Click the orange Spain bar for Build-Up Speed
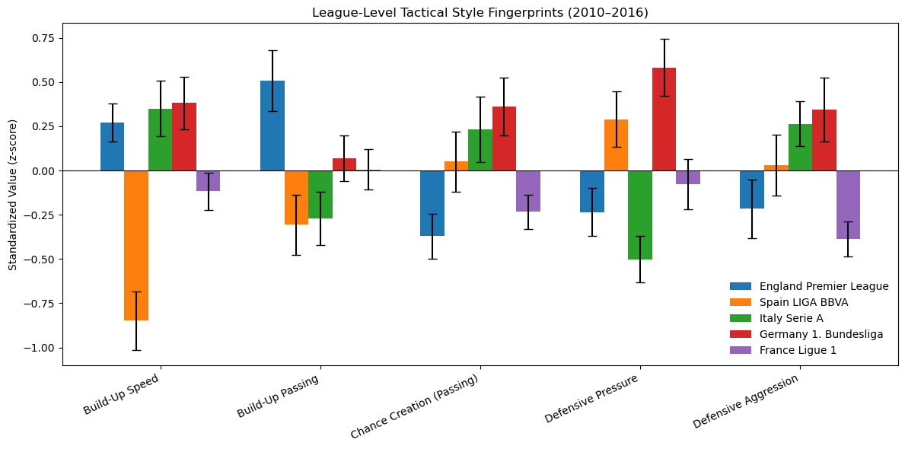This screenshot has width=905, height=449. (x=136, y=245)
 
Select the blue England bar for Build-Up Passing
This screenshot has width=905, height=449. (x=272, y=126)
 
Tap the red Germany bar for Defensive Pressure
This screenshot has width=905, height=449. (x=664, y=119)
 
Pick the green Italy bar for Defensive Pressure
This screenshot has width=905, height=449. (x=640, y=215)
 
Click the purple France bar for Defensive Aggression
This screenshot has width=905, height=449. (x=848, y=205)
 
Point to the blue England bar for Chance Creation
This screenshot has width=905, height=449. (x=432, y=203)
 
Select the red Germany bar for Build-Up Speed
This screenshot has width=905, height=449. (x=184, y=137)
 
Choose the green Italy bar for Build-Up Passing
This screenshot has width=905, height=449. (x=320, y=195)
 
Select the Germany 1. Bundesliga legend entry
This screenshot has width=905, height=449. (x=806, y=334)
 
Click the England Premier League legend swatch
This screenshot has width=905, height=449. (x=741, y=286)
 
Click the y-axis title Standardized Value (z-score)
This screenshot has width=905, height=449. (x=12, y=195)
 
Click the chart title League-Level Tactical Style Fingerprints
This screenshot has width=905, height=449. (x=480, y=12)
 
